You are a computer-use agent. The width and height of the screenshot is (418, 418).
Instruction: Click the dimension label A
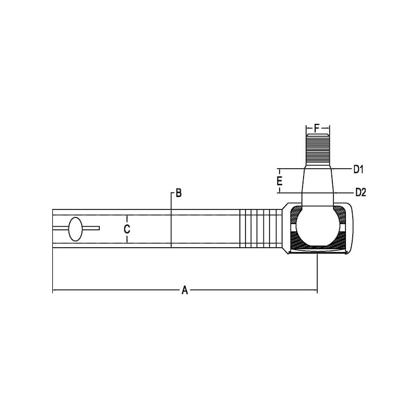tap(185, 290)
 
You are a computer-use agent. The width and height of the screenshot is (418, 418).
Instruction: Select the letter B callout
tap(179, 193)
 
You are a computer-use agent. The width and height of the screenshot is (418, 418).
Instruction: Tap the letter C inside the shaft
tap(127, 229)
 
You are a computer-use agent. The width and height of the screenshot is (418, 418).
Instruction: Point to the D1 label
tap(358, 169)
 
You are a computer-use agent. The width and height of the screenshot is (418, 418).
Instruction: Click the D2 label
tap(361, 192)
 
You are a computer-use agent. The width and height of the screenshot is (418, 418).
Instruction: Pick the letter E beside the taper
tap(279, 181)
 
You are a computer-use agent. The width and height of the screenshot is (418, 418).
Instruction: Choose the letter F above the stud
tap(317, 128)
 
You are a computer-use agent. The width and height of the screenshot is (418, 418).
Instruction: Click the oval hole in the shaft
tap(75, 229)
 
